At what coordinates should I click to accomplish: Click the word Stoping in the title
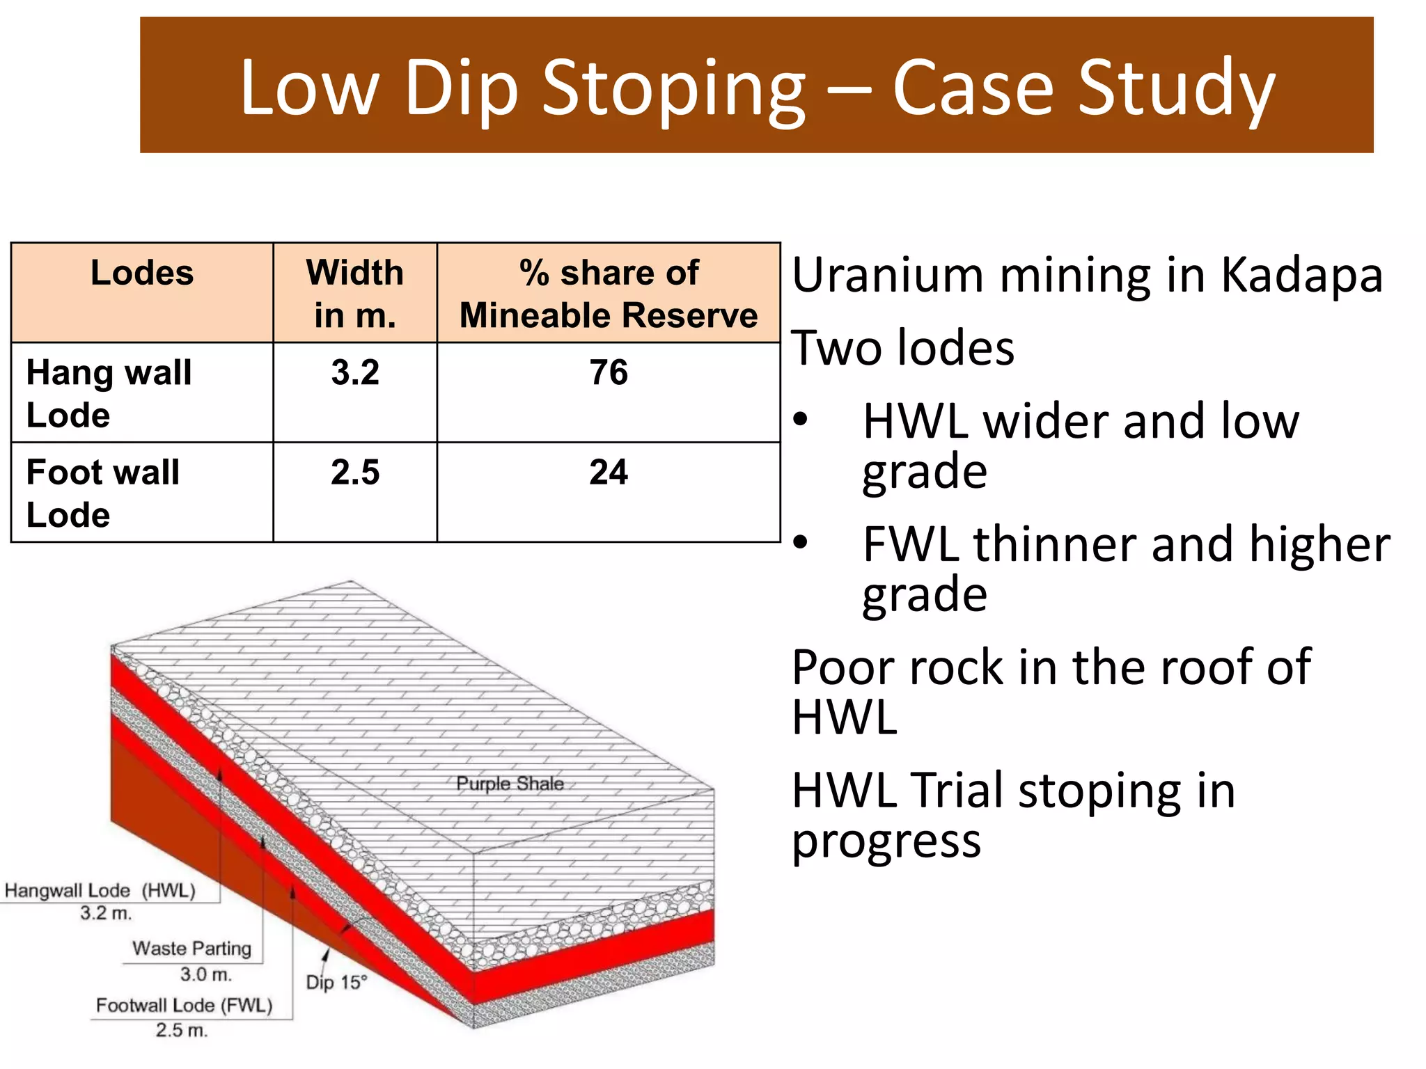point(673,89)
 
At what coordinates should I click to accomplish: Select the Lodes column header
point(142,273)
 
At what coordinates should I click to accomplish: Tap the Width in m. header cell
point(355,293)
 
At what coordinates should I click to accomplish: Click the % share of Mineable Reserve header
point(609,293)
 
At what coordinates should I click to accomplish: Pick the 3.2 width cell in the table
point(355,372)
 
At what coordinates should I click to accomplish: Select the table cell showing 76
point(609,372)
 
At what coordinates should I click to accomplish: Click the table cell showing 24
point(609,472)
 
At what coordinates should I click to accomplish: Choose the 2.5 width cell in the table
point(355,472)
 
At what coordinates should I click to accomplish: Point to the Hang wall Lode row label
point(109,393)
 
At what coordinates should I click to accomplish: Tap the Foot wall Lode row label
point(103,493)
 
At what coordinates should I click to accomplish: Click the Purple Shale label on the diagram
point(510,784)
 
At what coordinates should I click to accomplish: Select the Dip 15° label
point(336,982)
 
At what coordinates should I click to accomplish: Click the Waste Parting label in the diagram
point(191,949)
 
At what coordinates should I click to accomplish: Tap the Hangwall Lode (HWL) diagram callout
point(100,891)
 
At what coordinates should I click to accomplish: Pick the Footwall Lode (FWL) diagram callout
point(184,1006)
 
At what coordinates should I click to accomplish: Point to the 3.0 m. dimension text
point(205,974)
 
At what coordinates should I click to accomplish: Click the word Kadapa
point(1301,275)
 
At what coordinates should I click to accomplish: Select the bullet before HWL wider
point(801,420)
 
